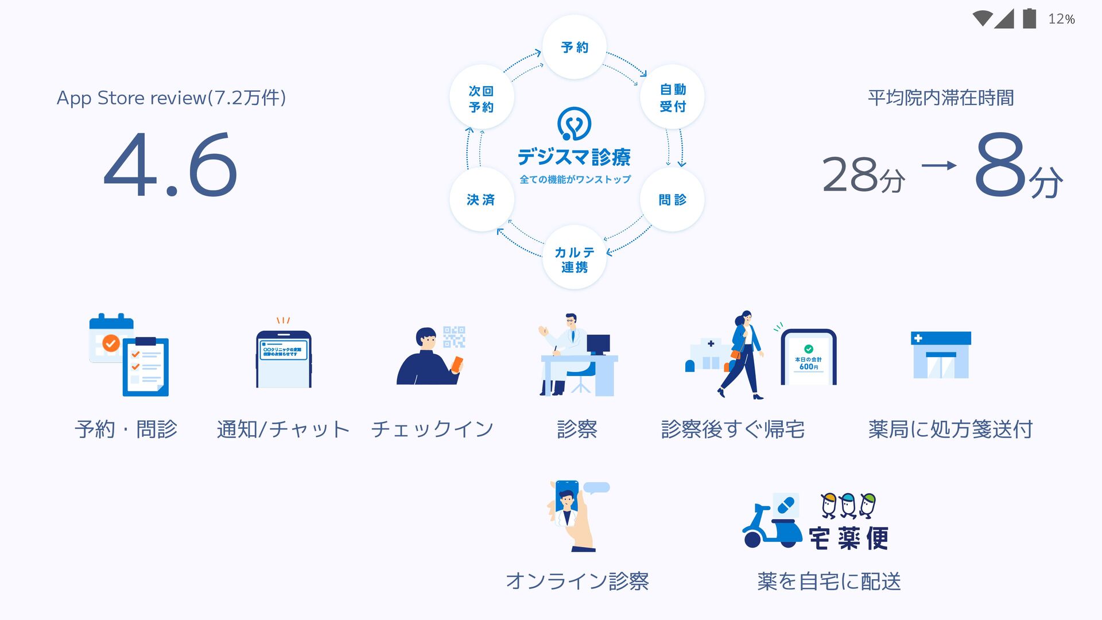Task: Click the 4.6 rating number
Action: [170, 165]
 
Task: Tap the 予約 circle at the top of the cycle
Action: [575, 47]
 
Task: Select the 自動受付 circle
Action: [672, 98]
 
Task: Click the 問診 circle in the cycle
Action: [672, 199]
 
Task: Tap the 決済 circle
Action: [481, 199]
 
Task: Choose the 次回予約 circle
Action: [481, 98]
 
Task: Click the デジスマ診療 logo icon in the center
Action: [574, 123]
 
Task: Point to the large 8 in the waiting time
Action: [1000, 164]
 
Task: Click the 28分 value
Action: [863, 175]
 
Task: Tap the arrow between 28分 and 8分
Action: [939, 166]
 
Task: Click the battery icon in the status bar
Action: [1029, 18]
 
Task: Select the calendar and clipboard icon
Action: [129, 355]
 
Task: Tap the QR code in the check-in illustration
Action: [454, 337]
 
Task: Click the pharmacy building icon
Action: [941, 355]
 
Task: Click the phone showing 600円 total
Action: [809, 358]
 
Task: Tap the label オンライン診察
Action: [577, 581]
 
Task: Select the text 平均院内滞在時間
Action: [940, 98]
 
